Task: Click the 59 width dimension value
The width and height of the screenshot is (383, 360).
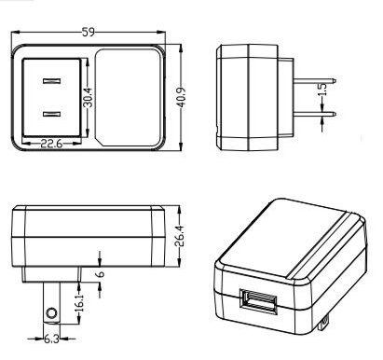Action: (89, 32)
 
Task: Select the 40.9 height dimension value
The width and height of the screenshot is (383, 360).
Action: (182, 98)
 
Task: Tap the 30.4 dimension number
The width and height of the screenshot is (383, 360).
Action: (89, 97)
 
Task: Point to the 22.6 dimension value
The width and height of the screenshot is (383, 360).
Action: (51, 144)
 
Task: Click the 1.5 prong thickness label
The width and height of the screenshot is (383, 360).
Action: (323, 90)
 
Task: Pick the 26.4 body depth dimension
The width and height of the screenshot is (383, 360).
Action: (180, 236)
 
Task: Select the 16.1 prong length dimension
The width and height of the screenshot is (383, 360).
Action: (80, 303)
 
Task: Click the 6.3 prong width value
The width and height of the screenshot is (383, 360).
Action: (51, 339)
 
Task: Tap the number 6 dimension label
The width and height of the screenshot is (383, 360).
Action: (101, 274)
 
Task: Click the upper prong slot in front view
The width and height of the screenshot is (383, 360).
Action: (51, 81)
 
